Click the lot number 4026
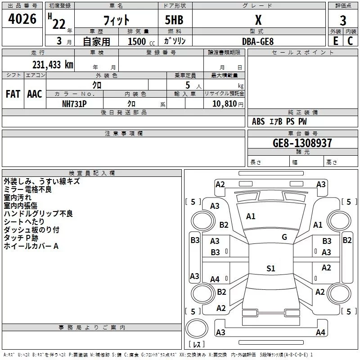click(22, 19)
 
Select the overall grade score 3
click(343, 21)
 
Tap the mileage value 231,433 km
click(53, 65)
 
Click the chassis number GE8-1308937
click(302, 143)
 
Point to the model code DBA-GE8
click(258, 41)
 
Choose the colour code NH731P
click(74, 104)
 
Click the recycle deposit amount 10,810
click(225, 103)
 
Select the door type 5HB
click(174, 20)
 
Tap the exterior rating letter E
click(335, 41)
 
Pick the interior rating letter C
click(350, 41)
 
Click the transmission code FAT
click(13, 94)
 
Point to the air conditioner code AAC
click(35, 94)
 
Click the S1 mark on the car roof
click(271, 268)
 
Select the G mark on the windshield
click(284, 237)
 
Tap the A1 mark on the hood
click(251, 216)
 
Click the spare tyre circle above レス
click(197, 328)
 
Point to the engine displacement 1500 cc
click(141, 41)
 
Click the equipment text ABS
click(258, 121)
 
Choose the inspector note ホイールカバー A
click(31, 246)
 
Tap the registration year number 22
click(59, 24)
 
